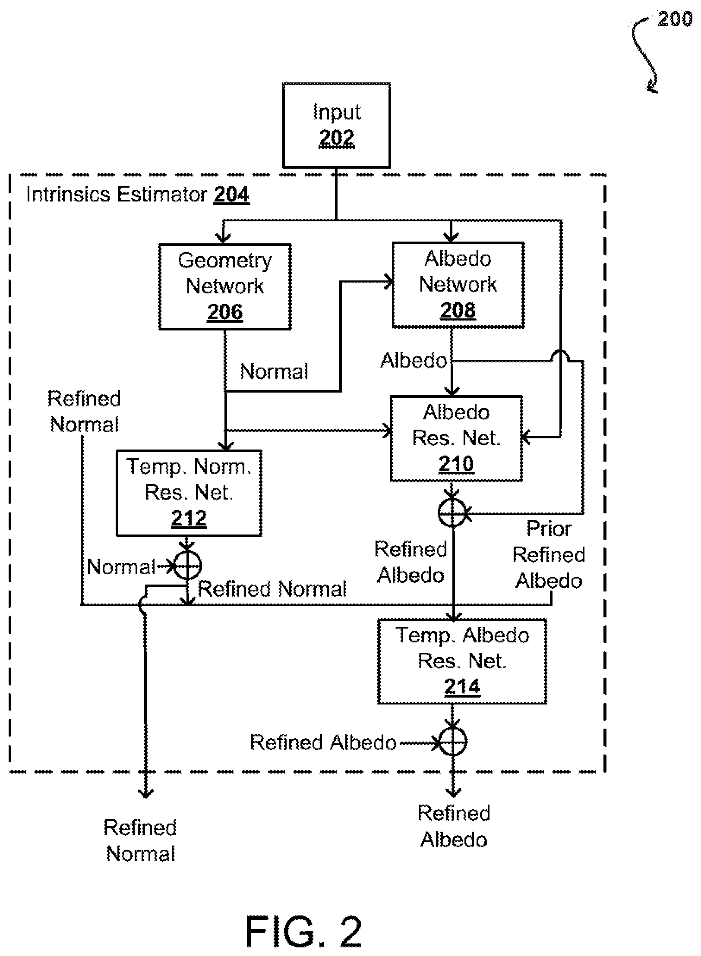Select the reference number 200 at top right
pyautogui.click(x=675, y=20)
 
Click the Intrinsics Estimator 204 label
pyautogui.click(x=138, y=195)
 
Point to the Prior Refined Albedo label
pyautogui.click(x=549, y=555)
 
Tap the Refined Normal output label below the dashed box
pyautogui.click(x=141, y=840)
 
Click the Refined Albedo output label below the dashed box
pyautogui.click(x=454, y=826)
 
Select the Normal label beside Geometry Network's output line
pyautogui.click(x=274, y=371)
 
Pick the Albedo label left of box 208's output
pyautogui.click(x=414, y=360)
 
